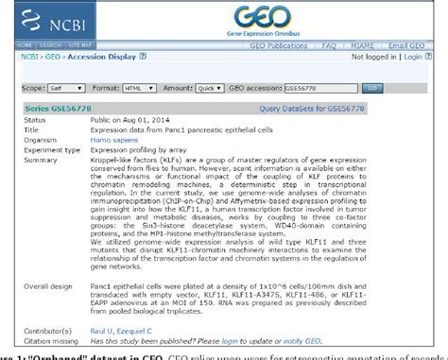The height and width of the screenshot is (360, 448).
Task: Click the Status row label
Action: click(33, 120)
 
